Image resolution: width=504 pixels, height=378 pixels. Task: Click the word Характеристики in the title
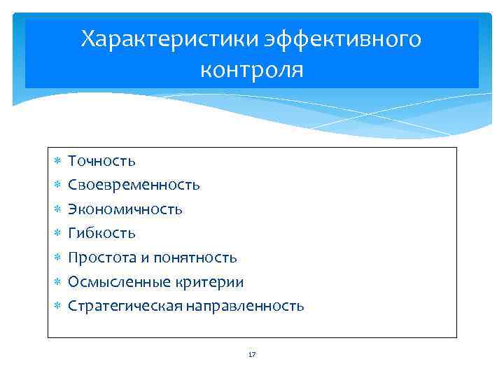[x=169, y=39]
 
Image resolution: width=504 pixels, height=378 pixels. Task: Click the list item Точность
[x=101, y=161]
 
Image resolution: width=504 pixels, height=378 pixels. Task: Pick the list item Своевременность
[x=134, y=185]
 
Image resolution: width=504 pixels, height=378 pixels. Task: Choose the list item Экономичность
[x=125, y=209]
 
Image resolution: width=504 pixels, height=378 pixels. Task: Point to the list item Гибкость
[x=101, y=233]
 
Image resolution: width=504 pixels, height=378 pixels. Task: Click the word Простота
[x=102, y=258]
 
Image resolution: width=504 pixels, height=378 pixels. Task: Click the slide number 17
[x=252, y=355]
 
